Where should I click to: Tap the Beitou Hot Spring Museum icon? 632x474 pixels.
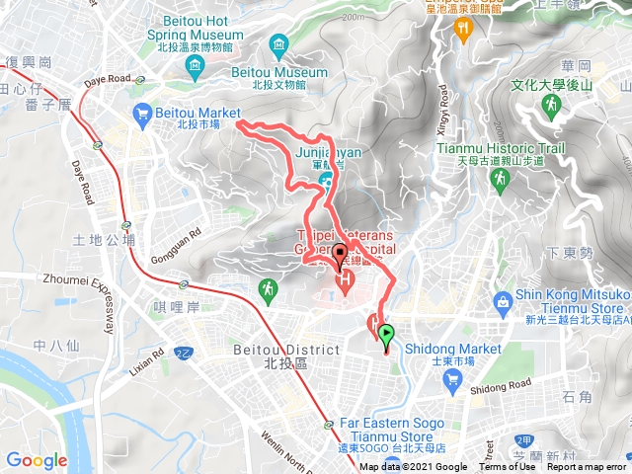pos(194,67)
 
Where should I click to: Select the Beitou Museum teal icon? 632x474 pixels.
pos(279,44)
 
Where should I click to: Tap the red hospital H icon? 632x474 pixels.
pos(346,283)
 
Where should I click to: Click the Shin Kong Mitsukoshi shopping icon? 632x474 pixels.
pos(504,299)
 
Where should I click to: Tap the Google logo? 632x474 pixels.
pos(36,460)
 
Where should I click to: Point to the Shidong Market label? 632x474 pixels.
pos(456,349)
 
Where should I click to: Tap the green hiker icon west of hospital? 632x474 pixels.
pos(267,288)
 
